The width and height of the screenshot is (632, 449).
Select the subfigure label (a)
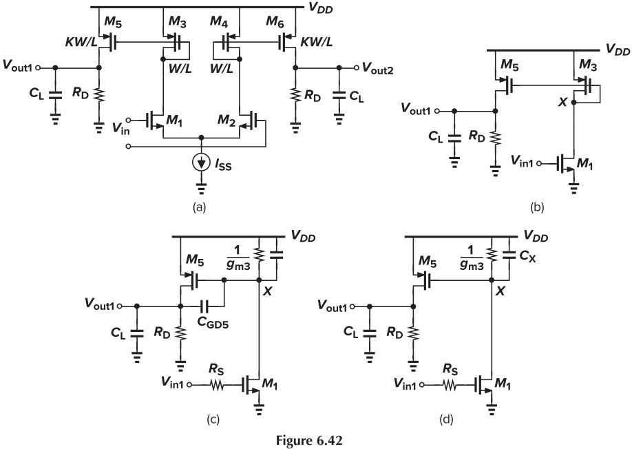click(x=200, y=206)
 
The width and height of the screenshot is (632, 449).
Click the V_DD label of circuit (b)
click(x=618, y=50)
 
